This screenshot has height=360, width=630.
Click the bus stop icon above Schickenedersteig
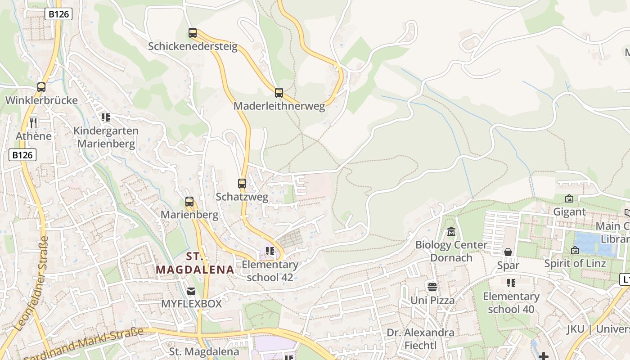point(193,33)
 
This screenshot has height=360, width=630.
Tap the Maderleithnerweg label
point(279,107)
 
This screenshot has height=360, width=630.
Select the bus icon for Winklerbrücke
point(41,87)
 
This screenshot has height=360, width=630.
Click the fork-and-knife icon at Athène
point(33,122)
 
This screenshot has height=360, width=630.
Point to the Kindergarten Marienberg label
point(106,137)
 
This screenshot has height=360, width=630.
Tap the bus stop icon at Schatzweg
point(242,184)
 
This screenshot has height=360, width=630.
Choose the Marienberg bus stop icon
point(189,202)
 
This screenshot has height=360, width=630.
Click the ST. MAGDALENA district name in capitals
point(195,263)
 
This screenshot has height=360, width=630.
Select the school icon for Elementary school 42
point(270,251)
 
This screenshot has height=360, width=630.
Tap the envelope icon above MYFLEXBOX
point(192,291)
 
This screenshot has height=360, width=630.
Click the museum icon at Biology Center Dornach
point(451,232)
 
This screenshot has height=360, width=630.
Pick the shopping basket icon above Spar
point(508,252)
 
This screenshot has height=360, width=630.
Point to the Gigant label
point(569,211)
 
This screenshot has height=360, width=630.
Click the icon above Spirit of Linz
point(575,250)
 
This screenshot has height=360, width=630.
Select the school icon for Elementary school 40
point(511,283)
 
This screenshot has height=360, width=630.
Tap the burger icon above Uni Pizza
point(432,287)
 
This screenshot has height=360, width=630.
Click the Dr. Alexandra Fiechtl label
point(421,339)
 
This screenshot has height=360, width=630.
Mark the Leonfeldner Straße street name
point(31,283)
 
